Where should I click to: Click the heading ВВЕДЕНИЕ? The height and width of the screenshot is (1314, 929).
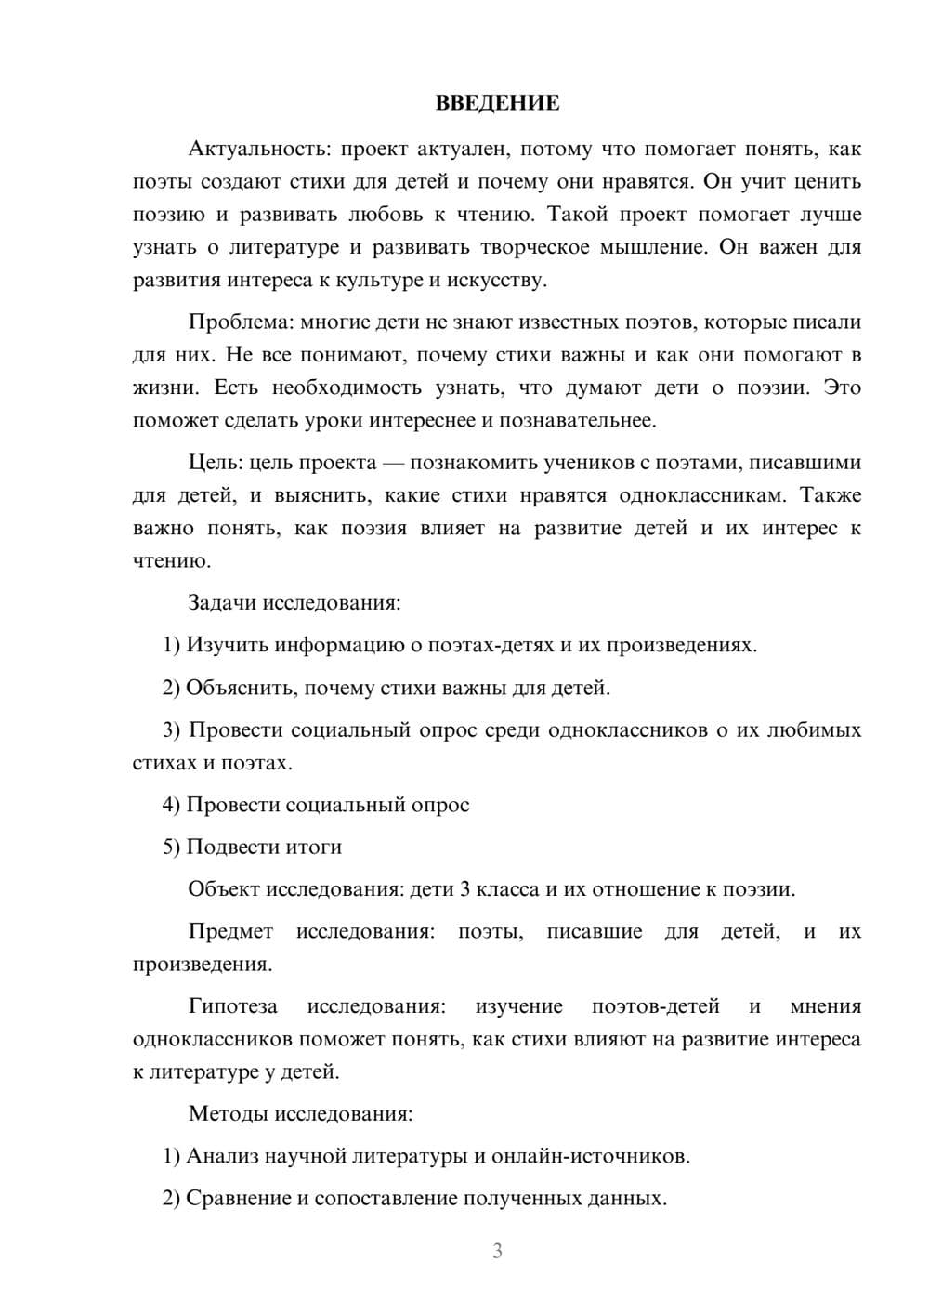497,103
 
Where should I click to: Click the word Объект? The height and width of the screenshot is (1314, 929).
224,889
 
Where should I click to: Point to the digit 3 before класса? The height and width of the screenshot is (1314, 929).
464,889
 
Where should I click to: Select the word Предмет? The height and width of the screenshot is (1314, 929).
230,931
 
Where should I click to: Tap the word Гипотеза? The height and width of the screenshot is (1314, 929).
232,1006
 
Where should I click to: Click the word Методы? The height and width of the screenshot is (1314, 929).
228,1113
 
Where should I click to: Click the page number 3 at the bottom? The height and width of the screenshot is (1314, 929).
497,1251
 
